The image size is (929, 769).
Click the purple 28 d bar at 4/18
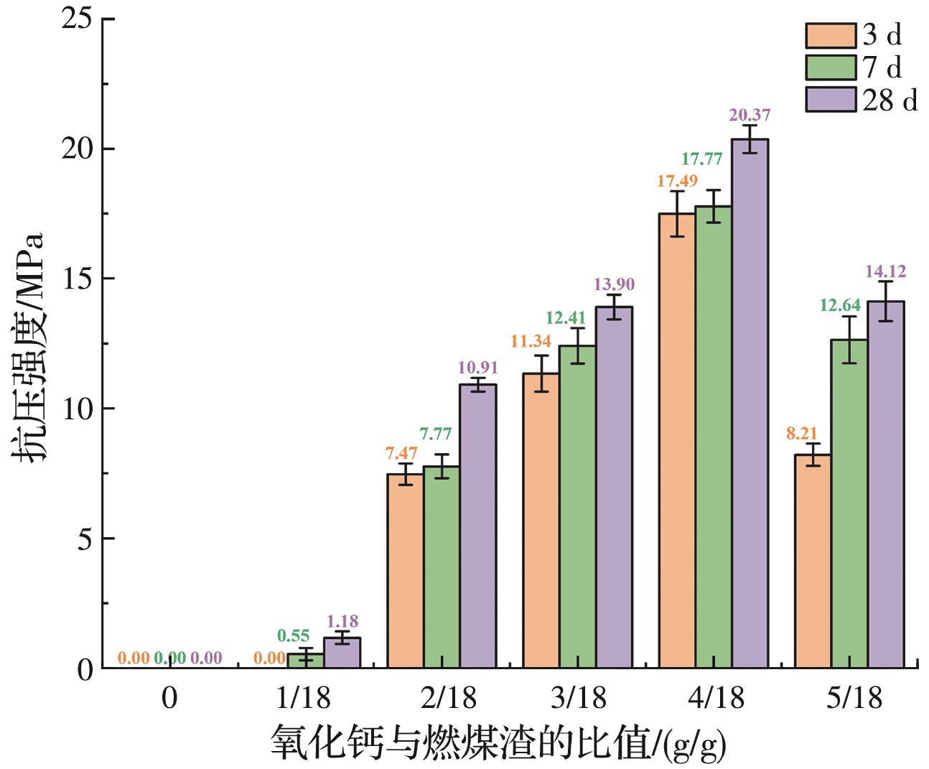750,403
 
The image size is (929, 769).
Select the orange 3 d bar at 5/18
813,561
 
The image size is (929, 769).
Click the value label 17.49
677,181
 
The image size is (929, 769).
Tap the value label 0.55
293,635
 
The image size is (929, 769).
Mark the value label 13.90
615,284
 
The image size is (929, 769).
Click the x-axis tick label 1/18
306,697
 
